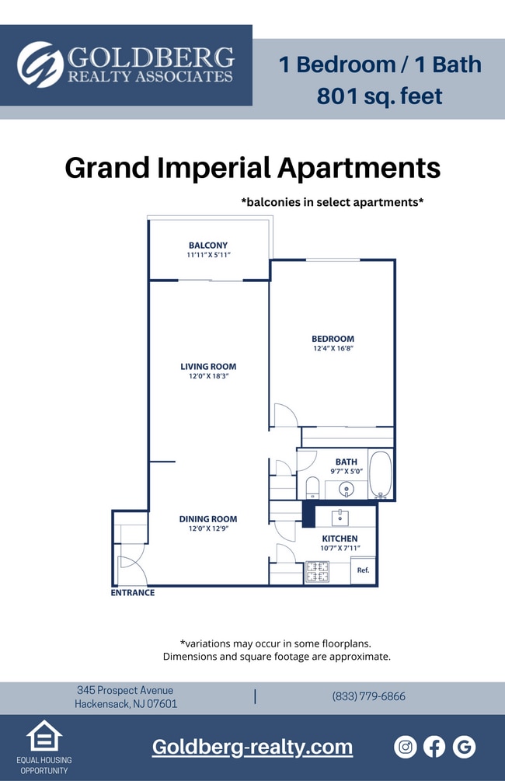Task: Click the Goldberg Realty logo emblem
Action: (40, 65)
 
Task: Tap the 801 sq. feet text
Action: (379, 96)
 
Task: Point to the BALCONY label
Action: (208, 246)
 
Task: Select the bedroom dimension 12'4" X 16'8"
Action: (333, 349)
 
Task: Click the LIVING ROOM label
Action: (208, 367)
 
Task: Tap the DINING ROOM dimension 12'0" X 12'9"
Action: (208, 529)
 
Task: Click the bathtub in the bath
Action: (380, 474)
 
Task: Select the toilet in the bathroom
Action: (312, 487)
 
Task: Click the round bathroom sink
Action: (347, 490)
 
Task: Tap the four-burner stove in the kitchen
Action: (317, 572)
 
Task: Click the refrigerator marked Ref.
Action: (363, 570)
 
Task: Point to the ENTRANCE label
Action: (132, 593)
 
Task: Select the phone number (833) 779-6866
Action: (369, 696)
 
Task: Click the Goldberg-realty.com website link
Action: (252, 747)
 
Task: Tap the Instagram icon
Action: (406, 747)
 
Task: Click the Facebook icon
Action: (434, 747)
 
